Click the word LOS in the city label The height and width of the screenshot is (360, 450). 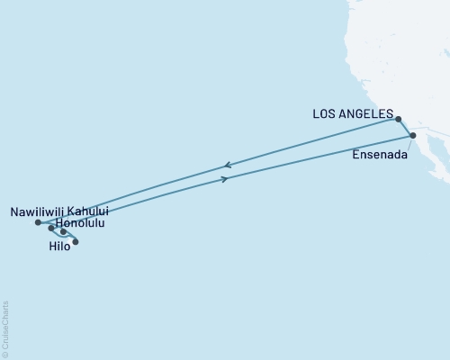pos(325,114)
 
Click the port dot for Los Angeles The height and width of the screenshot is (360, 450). pos(398,118)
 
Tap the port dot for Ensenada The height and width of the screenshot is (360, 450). pos(413,136)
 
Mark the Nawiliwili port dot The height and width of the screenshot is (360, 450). pos(38,222)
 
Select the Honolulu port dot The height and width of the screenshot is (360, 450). pos(51,229)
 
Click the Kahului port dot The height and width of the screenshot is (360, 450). pos(63,232)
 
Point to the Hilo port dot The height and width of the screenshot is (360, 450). pos(76,241)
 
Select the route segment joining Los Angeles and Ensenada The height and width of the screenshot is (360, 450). pos(406,127)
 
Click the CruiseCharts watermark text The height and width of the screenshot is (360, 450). pos(5,328)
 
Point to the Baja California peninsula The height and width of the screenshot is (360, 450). pos(430,162)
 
